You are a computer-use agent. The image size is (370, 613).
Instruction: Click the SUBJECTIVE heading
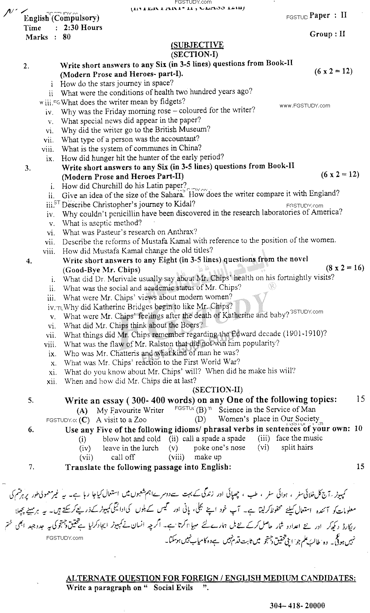coord(197,45)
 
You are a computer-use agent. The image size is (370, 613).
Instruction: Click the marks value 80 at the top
coord(67,37)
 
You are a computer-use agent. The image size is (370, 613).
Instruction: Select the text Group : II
coord(327,34)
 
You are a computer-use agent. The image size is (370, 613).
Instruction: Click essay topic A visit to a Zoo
coord(121,420)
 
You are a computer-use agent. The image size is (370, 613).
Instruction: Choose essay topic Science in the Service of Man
coord(267,410)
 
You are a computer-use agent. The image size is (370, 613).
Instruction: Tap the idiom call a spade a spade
coord(214,439)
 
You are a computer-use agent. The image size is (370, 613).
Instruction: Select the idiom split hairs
coord(297,448)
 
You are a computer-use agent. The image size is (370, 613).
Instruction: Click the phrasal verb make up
coord(208,457)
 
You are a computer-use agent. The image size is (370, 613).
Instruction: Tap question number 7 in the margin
coord(32,467)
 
